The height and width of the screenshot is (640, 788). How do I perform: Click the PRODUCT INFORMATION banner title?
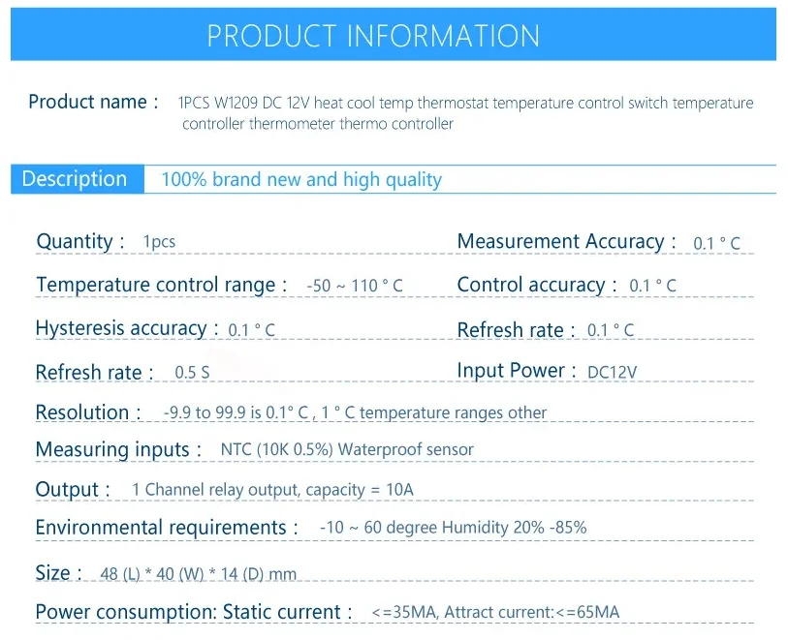(x=373, y=35)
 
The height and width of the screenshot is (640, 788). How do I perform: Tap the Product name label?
(x=87, y=102)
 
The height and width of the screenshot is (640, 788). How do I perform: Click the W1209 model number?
(x=236, y=103)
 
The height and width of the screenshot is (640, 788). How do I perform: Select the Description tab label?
(x=75, y=179)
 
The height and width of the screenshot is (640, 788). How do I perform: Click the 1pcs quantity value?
(x=159, y=241)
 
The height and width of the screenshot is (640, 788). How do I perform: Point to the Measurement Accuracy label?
(x=561, y=241)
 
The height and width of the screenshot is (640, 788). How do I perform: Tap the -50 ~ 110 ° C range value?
(x=355, y=286)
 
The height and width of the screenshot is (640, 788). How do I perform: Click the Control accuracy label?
(x=531, y=285)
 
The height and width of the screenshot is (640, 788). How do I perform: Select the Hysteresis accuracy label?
(x=121, y=328)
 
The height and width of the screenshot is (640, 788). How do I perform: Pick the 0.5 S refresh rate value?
(x=192, y=373)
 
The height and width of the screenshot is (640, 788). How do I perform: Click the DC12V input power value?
(x=613, y=372)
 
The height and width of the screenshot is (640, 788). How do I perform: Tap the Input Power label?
(x=511, y=371)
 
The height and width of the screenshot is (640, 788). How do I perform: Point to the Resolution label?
(x=82, y=412)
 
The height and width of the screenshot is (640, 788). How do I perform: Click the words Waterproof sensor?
(x=406, y=449)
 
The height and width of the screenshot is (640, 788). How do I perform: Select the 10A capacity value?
(x=399, y=489)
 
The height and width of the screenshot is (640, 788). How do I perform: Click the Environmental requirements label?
(x=161, y=528)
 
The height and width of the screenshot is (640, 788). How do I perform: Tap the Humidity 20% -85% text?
(x=514, y=528)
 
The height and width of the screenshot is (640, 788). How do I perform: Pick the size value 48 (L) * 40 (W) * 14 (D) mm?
(x=199, y=574)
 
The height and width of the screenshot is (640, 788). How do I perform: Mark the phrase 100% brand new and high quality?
(x=301, y=180)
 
